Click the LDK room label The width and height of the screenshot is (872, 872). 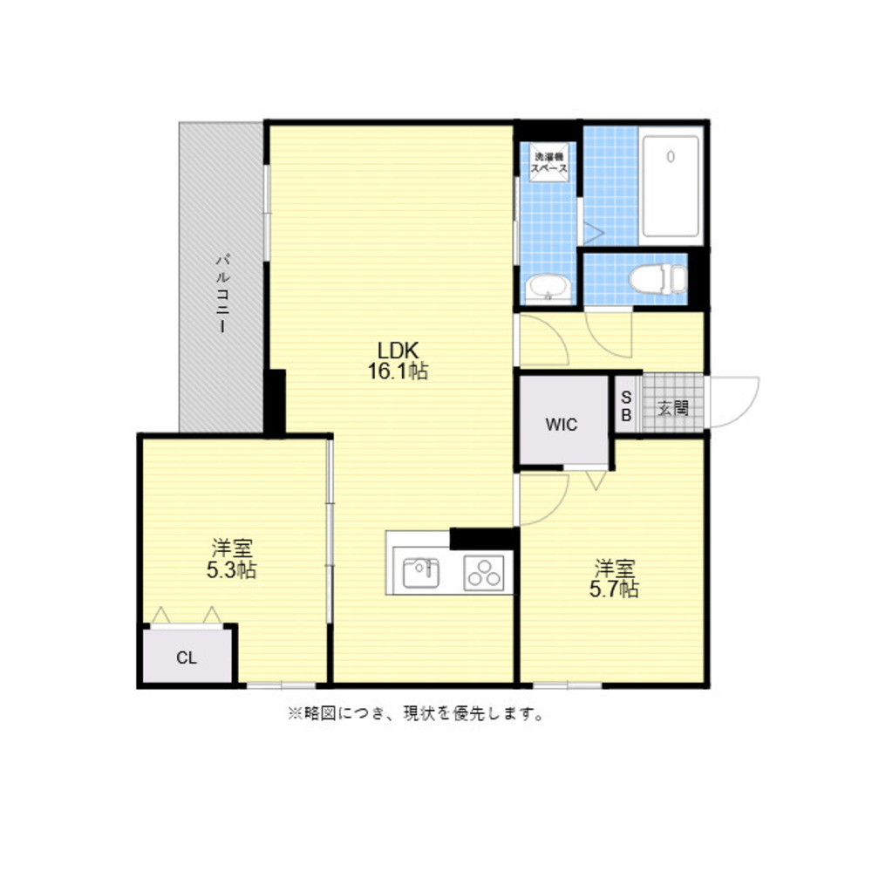[x=399, y=351]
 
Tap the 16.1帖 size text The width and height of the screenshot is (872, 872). [x=399, y=371]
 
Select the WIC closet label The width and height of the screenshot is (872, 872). [x=562, y=425]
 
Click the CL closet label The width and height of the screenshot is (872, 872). [x=187, y=657]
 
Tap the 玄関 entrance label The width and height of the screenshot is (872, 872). [x=672, y=407]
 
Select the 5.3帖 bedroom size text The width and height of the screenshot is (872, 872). [x=232, y=570]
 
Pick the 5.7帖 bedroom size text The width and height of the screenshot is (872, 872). [x=614, y=589]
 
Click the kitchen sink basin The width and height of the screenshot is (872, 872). [x=420, y=573]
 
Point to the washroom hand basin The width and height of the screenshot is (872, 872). [x=548, y=288]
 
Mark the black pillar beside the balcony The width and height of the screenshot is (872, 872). [x=275, y=402]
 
